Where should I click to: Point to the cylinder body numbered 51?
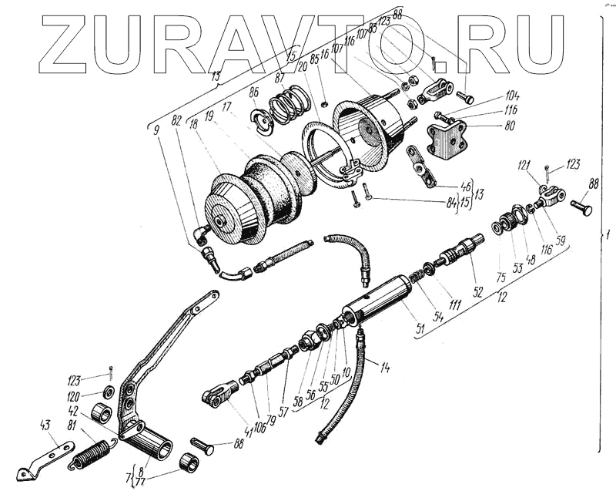coord(378,298)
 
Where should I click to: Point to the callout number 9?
coord(157,129)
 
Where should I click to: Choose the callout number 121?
coord(524,165)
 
